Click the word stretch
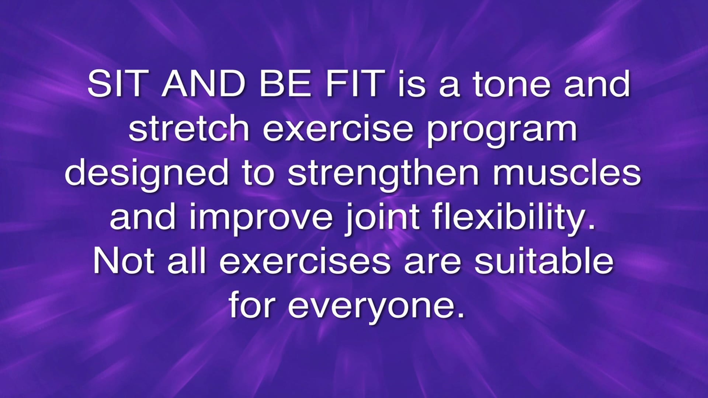coord(189,128)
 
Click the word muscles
coord(567,172)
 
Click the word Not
coord(124,261)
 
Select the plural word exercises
coord(305,261)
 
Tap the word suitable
coord(544,261)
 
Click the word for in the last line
coord(252,305)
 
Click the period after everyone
coord(460,315)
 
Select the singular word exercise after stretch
coord(338,128)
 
